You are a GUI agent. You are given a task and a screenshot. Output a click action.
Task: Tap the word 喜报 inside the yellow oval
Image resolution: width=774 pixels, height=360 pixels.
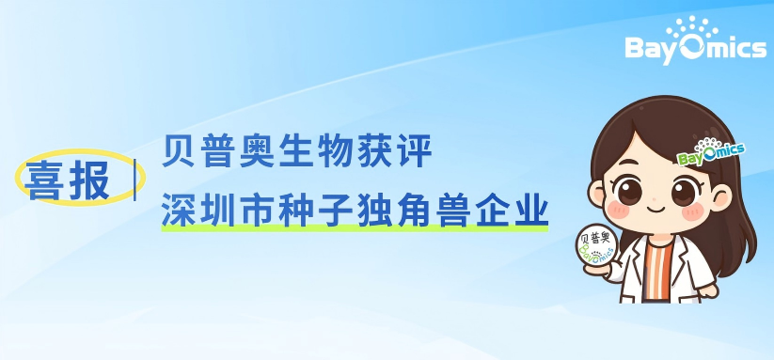coord(69,180)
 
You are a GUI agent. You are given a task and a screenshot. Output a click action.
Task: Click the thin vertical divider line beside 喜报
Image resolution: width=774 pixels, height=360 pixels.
coord(134,180)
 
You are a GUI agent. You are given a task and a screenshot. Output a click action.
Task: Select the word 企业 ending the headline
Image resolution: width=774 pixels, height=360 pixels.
coord(513,211)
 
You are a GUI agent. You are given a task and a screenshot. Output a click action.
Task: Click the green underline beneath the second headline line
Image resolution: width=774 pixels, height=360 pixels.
coord(355,227)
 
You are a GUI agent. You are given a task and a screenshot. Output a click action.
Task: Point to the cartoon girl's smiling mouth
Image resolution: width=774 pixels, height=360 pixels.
coord(656,209)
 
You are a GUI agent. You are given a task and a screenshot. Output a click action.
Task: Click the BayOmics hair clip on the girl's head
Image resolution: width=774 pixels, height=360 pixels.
coord(711,152)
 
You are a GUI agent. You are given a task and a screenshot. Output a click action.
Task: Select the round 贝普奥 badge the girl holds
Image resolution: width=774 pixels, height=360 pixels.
coord(596,246)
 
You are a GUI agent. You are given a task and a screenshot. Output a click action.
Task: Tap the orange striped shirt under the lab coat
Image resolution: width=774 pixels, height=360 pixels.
coord(657,271)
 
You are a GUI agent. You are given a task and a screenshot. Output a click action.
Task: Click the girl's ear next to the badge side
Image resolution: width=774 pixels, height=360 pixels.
coord(597,194)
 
